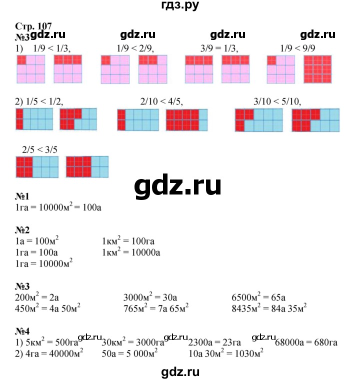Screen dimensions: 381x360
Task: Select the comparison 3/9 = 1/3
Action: pyautogui.click(x=218, y=48)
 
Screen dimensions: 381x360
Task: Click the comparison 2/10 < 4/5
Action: pyautogui.click(x=162, y=102)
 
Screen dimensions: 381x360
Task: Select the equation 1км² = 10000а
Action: pyautogui.click(x=130, y=252)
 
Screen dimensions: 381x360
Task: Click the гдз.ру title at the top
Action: pyautogui.click(x=178, y=7)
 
